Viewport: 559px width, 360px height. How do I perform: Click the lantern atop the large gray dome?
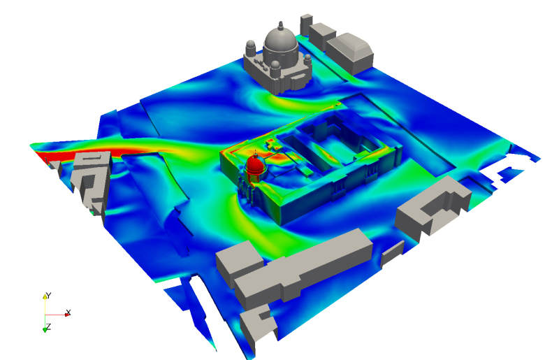281,25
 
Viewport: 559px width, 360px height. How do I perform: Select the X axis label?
68,312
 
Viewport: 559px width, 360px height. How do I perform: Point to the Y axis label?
49,296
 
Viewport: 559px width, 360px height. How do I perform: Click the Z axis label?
48,326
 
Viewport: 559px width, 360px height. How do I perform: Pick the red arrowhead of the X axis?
67,315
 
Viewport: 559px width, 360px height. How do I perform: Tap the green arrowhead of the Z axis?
45,330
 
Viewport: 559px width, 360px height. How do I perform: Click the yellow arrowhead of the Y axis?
45,296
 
